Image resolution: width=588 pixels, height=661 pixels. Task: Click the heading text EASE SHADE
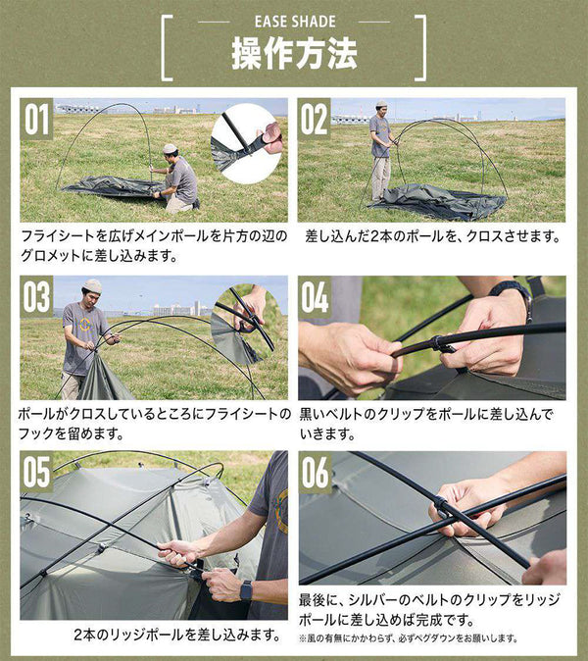295,22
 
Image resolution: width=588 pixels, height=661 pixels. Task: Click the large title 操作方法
294,54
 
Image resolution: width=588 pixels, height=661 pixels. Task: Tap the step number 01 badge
36,120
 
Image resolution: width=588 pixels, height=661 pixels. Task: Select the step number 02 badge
315,120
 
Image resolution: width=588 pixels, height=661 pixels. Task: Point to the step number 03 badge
36,297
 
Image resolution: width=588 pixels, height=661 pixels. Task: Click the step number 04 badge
315,297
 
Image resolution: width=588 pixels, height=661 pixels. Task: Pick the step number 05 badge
36,472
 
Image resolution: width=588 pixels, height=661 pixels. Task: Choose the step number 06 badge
315,472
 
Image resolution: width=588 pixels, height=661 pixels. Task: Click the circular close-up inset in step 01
247,144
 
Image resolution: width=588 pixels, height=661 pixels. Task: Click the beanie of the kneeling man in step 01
171,148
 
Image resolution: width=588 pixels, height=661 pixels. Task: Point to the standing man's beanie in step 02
381,104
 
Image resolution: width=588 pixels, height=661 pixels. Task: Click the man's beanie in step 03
92,285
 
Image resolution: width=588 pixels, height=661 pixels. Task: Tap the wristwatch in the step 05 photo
246,590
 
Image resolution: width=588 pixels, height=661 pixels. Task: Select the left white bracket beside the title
167,48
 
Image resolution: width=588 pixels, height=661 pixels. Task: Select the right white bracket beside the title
420,48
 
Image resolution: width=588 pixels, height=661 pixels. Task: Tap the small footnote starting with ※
408,638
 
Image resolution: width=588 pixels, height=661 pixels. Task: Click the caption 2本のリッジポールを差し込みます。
177,635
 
